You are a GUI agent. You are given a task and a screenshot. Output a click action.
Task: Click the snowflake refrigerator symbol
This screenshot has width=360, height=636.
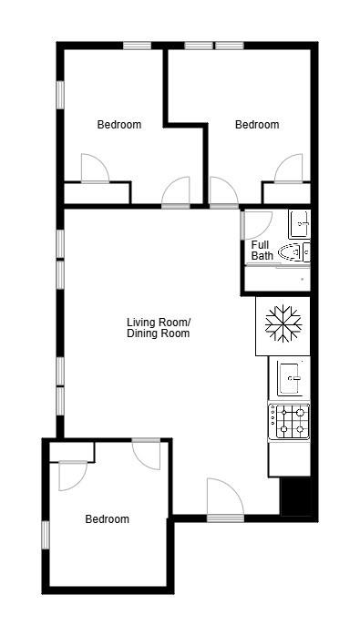tap(283, 325)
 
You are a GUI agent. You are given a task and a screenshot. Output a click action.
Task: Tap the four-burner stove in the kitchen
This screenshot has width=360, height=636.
tap(289, 421)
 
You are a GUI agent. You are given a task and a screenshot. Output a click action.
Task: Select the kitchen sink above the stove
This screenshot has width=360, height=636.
tap(290, 376)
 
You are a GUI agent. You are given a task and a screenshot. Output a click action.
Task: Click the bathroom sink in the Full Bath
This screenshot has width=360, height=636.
tap(299, 223)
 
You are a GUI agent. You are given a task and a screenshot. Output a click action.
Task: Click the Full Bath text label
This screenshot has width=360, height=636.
tap(262, 251)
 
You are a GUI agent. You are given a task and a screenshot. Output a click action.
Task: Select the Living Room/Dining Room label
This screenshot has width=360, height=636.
tap(158, 328)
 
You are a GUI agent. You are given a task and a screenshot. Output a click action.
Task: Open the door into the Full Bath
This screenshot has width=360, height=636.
tap(255, 224)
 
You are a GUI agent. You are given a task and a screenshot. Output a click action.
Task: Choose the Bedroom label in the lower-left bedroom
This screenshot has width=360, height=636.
tap(107, 519)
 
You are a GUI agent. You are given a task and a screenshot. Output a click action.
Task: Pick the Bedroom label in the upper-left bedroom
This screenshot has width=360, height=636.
tap(119, 125)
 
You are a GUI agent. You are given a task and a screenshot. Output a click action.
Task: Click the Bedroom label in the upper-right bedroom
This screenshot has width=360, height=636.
tap(257, 125)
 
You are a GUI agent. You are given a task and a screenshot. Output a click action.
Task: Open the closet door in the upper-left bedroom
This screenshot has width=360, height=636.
tap(95, 169)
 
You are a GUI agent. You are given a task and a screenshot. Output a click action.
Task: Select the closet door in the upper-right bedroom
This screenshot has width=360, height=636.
tap(289, 169)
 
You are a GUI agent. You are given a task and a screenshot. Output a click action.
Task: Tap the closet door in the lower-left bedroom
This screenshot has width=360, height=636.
tap(72, 475)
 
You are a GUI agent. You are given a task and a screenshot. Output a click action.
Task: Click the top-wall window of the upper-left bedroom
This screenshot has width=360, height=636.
tap(138, 46)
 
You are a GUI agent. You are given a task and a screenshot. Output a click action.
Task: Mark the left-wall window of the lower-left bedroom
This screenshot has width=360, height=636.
tap(45, 534)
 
